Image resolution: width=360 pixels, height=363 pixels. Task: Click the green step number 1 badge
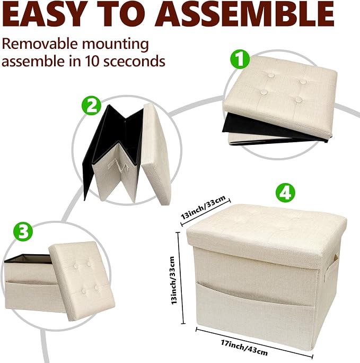(240, 59)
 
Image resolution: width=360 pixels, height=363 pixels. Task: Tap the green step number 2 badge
(91, 106)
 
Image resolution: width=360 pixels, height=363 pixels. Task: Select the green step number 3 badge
(23, 231)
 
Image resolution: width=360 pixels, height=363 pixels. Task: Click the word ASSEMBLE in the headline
(244, 14)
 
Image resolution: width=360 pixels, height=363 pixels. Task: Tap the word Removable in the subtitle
(40, 44)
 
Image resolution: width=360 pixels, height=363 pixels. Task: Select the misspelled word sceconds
(134, 61)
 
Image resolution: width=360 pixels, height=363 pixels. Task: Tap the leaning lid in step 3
(82, 281)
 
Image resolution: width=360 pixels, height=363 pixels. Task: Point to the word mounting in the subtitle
(116, 45)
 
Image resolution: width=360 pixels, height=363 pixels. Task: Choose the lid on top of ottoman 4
(267, 231)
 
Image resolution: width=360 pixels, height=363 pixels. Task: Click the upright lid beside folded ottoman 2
(156, 153)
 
